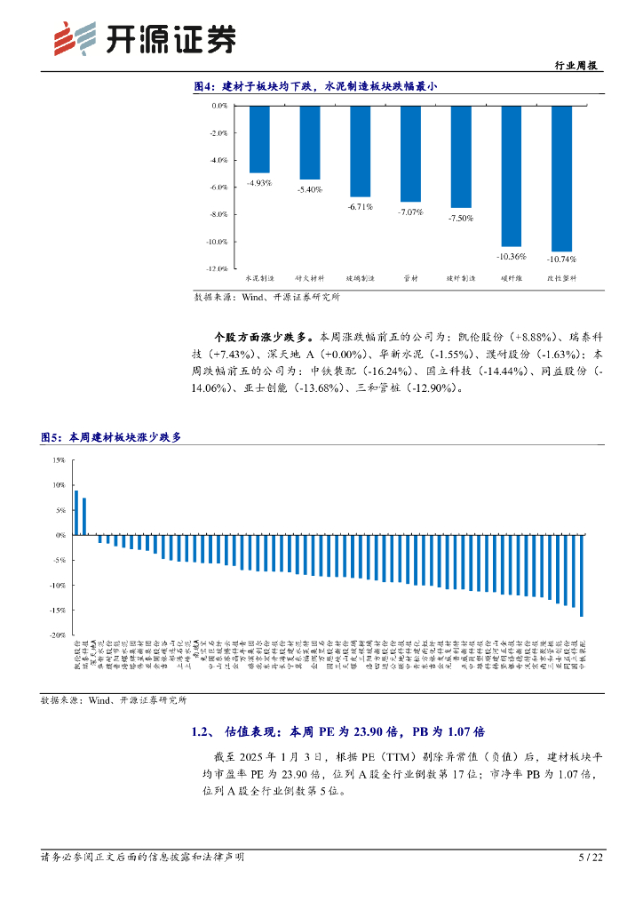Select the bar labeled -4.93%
click(x=259, y=140)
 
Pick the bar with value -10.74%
click(x=562, y=179)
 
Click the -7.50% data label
click(x=460, y=219)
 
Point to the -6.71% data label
click(x=360, y=206)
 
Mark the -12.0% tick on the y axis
click(x=216, y=268)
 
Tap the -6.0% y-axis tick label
click(x=217, y=188)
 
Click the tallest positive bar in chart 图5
click(x=76, y=513)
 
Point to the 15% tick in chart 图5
click(x=59, y=460)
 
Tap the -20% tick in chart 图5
click(x=57, y=635)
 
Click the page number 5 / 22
click(x=591, y=857)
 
